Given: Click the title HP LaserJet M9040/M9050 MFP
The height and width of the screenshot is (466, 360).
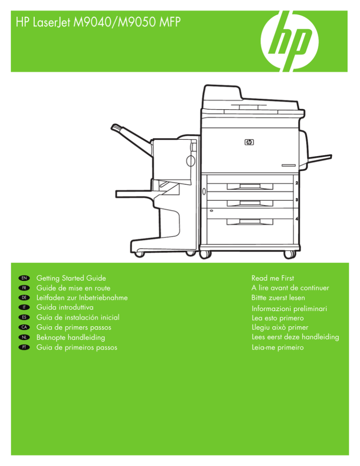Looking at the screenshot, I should point(97,21).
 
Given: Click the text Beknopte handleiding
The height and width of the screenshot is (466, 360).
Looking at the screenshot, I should point(71,338).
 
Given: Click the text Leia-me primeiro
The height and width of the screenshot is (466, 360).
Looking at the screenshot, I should point(278,347).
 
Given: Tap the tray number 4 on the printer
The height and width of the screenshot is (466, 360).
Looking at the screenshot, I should point(297,219).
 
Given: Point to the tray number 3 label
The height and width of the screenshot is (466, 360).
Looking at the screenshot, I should point(297,200).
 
